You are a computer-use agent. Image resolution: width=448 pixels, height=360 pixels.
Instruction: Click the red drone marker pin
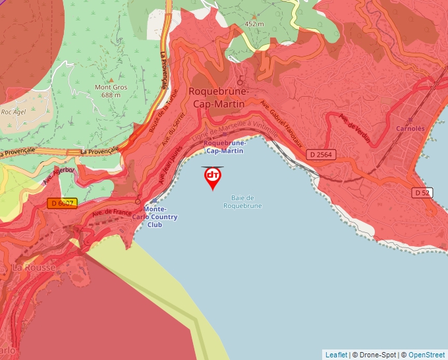[213, 177]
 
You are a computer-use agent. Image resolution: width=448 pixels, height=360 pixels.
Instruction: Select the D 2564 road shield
[321, 155]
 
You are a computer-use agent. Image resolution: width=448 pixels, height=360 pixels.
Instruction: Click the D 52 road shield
[422, 192]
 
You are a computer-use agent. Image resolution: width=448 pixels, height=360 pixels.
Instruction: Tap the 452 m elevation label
[254, 24]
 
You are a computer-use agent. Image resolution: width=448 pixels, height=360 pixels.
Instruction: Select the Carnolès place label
[410, 128]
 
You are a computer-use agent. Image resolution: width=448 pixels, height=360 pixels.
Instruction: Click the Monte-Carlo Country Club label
[155, 217]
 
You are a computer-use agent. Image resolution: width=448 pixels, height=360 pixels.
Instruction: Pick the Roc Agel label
[13, 112]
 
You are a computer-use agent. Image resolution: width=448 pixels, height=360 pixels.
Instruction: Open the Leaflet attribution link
[336, 355]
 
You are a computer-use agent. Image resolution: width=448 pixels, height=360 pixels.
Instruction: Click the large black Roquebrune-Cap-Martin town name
[217, 97]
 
